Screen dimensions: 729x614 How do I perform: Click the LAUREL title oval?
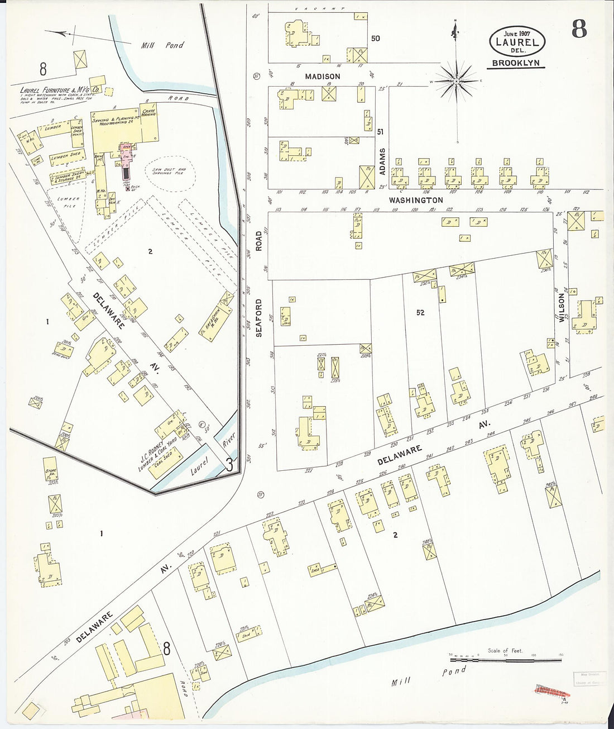pyautogui.click(x=517, y=41)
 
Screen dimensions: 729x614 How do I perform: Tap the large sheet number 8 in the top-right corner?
pyautogui.click(x=579, y=28)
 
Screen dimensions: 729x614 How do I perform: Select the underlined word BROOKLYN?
pyautogui.click(x=516, y=63)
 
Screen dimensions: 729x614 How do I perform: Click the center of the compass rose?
pyautogui.click(x=457, y=82)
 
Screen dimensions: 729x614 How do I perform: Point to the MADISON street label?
pyautogui.click(x=322, y=76)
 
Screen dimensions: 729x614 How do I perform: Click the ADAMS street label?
pyautogui.click(x=382, y=162)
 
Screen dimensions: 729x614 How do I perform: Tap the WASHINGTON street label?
pyautogui.click(x=416, y=200)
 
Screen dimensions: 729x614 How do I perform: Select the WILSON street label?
pyautogui.click(x=562, y=308)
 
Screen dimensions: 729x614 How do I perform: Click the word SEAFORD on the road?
pyautogui.click(x=258, y=317)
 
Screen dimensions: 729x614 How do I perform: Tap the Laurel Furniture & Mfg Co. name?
pyautogui.click(x=60, y=89)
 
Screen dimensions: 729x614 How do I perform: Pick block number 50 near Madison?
pyautogui.click(x=375, y=38)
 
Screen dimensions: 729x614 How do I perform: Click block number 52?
pyautogui.click(x=420, y=313)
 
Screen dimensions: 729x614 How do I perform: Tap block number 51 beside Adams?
pyautogui.click(x=381, y=132)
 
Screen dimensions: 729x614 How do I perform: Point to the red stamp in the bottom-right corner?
pyautogui.click(x=549, y=690)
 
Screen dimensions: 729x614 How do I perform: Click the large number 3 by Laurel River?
pyautogui.click(x=228, y=464)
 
